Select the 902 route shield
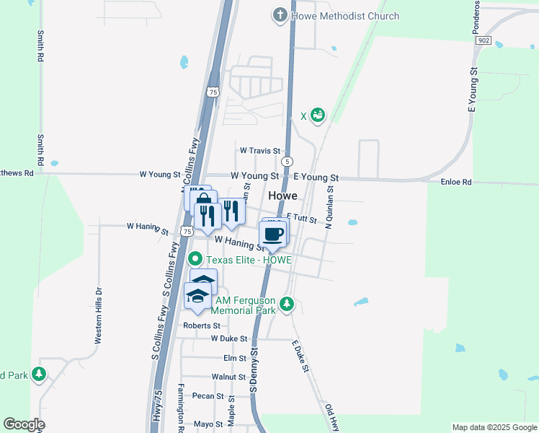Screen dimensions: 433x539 483,41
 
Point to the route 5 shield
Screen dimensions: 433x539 288,160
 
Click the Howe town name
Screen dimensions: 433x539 283,196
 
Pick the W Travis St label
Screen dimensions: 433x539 259,150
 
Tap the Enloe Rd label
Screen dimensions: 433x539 455,183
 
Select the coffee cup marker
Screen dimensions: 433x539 272,234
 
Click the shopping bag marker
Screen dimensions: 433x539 204,200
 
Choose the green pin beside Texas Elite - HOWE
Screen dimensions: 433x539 195,258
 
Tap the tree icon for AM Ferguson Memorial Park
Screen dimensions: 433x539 288,304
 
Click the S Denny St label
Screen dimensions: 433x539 254,372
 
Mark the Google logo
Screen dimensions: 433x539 24,424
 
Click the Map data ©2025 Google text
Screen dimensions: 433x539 494,427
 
